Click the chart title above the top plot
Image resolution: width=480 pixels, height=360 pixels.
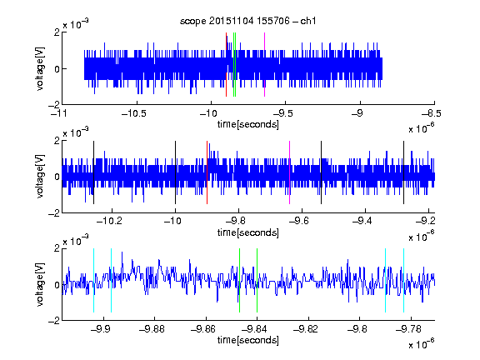point(248,21)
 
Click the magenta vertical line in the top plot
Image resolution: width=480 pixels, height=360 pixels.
point(264,65)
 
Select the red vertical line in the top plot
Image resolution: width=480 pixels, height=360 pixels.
point(226,65)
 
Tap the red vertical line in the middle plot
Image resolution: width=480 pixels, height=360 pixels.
point(207,172)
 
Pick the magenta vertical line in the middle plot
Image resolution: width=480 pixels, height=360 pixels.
point(289,172)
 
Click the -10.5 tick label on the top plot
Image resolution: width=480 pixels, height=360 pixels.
point(134,114)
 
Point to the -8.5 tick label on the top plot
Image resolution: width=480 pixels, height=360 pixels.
point(430,114)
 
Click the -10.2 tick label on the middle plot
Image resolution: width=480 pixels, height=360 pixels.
point(109,221)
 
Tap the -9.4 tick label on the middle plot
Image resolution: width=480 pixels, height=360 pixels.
point(362,221)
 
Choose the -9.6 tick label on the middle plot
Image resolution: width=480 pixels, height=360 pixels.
point(299,221)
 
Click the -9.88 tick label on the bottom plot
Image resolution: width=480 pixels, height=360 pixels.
point(152,329)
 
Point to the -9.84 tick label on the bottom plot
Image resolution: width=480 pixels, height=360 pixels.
point(254,329)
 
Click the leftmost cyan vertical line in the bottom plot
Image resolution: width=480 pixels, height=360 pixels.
point(93,280)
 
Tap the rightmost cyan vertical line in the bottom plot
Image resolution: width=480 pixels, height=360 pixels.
point(403,280)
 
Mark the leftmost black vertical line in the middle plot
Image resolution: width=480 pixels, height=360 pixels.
point(93,172)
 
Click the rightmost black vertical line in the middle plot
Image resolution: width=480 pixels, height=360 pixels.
point(403,172)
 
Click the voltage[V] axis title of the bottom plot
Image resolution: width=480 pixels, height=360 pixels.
point(40,284)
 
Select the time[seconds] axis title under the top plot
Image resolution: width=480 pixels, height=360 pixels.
point(248,124)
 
